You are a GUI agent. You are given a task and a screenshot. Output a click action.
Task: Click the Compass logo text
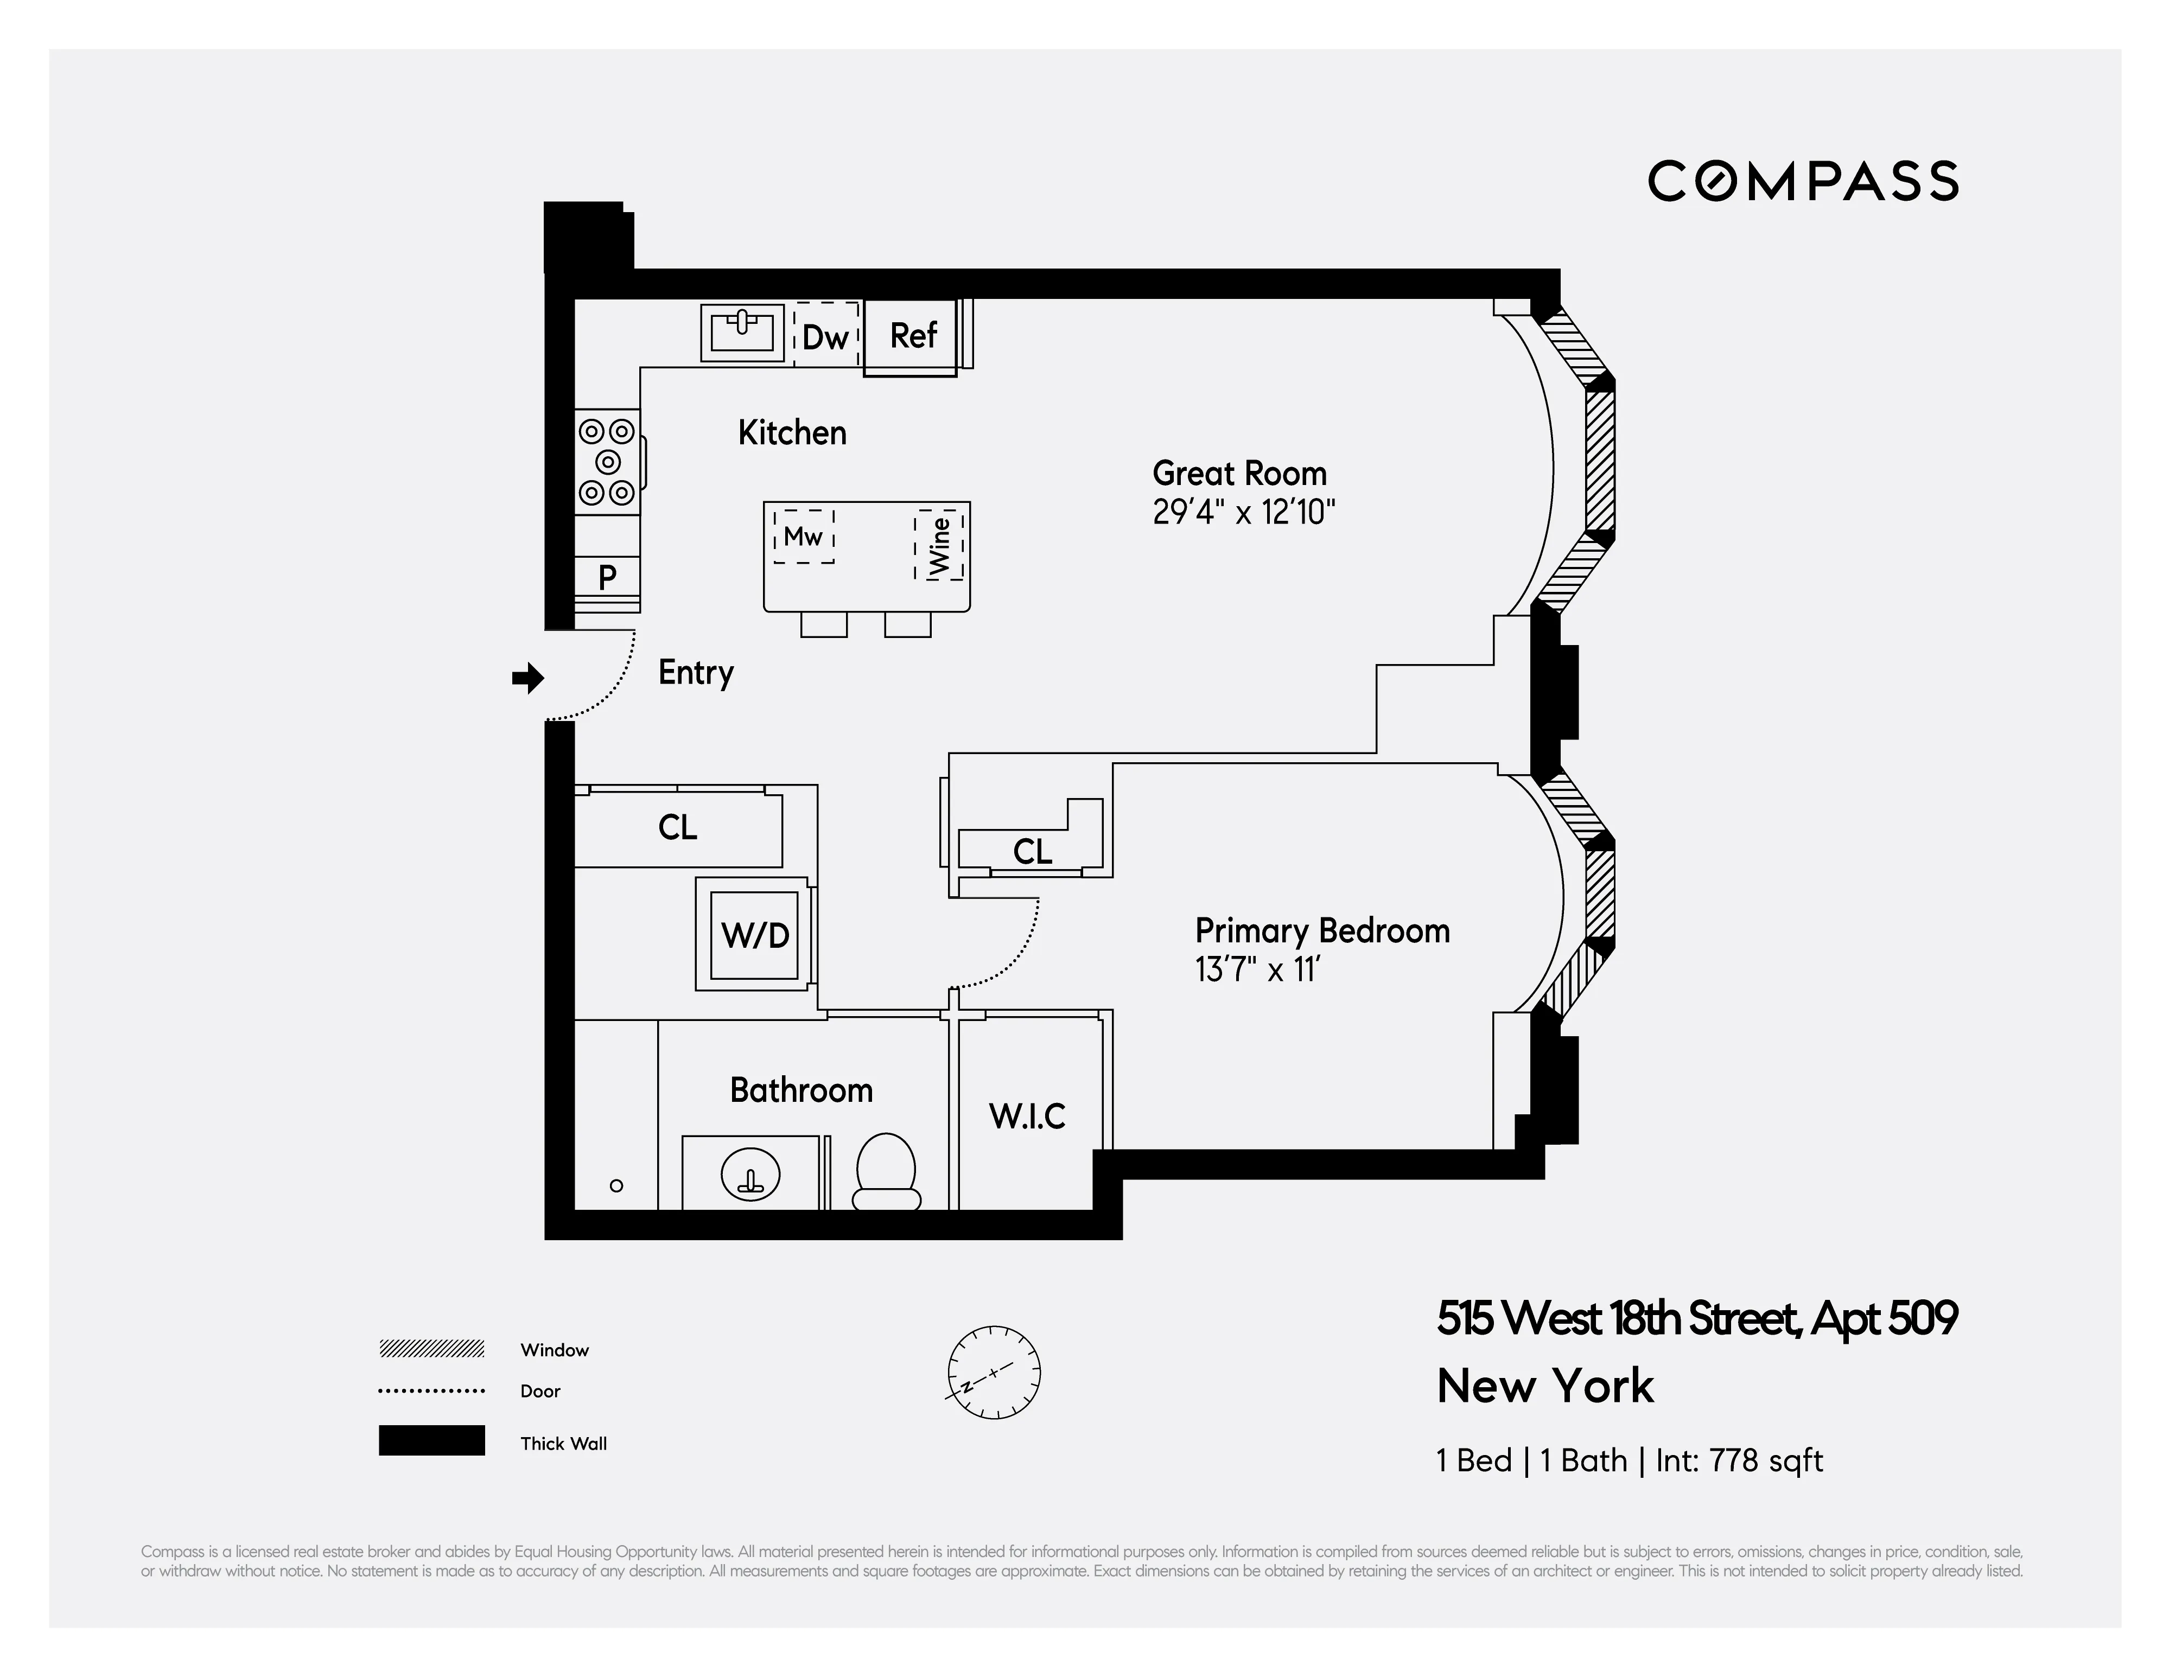(x=1803, y=182)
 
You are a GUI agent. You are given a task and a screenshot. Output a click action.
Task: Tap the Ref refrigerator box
(x=912, y=336)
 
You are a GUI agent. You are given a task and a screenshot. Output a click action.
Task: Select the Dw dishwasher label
(x=825, y=337)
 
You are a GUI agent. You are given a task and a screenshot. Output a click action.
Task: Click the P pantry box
(x=607, y=577)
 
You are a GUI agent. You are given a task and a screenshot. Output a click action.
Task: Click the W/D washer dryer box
(x=755, y=934)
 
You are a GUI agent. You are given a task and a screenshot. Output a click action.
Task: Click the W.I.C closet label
(x=1027, y=1116)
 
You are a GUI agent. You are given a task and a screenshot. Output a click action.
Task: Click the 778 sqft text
(x=1765, y=1460)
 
